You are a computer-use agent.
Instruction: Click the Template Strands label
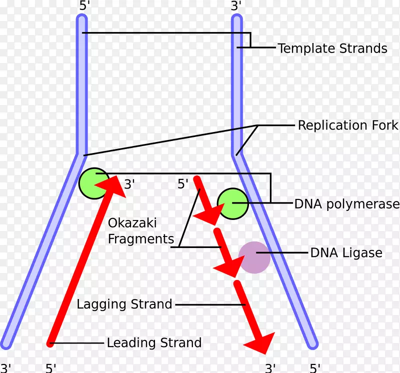pos(332,48)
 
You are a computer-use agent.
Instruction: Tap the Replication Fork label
pos(348,125)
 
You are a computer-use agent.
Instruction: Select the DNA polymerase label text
pos(347,204)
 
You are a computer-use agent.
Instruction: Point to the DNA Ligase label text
pos(346,253)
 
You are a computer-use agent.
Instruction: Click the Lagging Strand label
pos(124,304)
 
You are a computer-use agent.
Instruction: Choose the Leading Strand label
pos(154,342)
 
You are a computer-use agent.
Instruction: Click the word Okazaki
pos(132,222)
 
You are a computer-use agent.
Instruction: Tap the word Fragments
pos(141,239)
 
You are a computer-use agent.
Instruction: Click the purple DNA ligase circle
pos(254,257)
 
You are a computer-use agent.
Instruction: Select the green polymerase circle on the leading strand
pos(94,183)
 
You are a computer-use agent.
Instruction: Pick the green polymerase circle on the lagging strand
pos(233,203)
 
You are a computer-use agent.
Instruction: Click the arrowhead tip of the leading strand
pos(117,176)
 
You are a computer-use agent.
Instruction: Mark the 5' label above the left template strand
pos(84,5)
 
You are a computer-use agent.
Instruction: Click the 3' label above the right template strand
pos(236,5)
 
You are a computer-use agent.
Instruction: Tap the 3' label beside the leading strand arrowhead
pos(129,184)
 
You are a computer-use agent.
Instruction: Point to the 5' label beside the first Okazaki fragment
pos(183,183)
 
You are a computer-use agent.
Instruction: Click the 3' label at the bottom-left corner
pos(5,368)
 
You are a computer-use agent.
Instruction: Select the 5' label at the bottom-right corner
pos(315,368)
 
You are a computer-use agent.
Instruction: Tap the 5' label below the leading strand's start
pos(51,368)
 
